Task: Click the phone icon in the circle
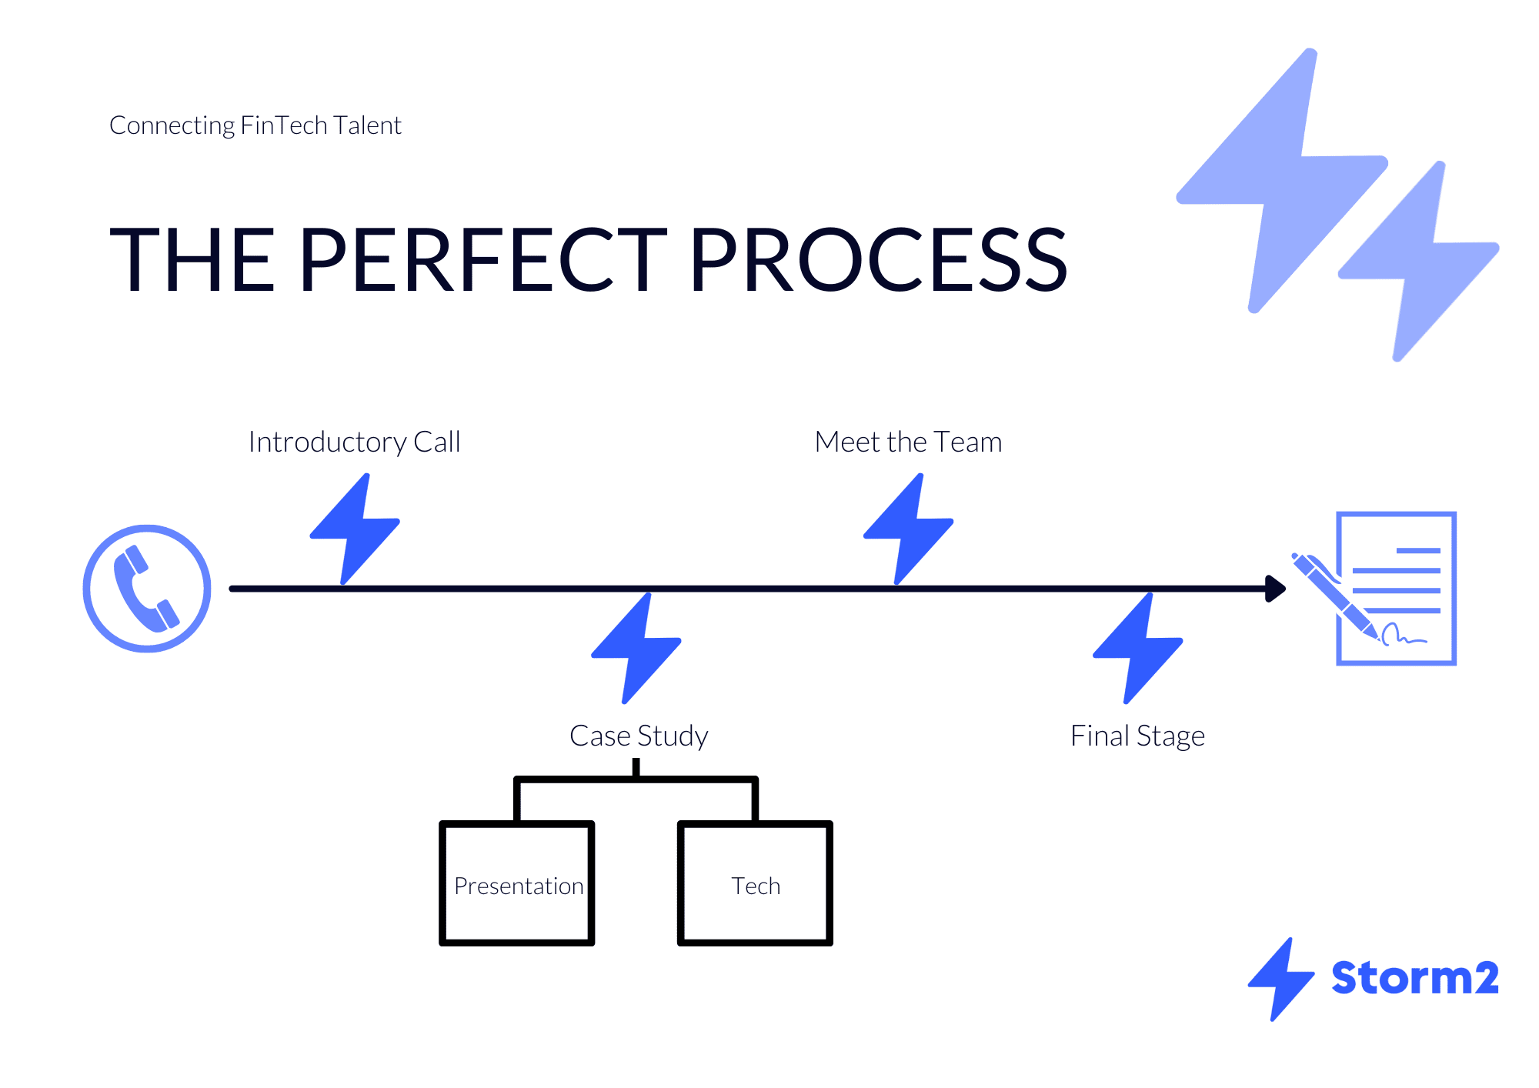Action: (x=146, y=589)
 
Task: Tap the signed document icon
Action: (x=1396, y=588)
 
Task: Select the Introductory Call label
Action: (x=354, y=442)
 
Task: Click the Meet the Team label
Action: (x=908, y=442)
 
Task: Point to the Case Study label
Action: (x=639, y=736)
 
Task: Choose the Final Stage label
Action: (x=1137, y=736)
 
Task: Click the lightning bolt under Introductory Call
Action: (x=355, y=529)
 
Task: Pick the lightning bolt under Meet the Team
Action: (x=908, y=529)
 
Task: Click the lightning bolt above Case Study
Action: (x=636, y=648)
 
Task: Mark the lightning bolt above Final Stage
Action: (x=1138, y=648)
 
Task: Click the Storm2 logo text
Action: (x=1415, y=978)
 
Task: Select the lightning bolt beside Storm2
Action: (x=1280, y=980)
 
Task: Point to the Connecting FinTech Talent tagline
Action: (x=255, y=125)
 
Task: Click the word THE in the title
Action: (x=192, y=260)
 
